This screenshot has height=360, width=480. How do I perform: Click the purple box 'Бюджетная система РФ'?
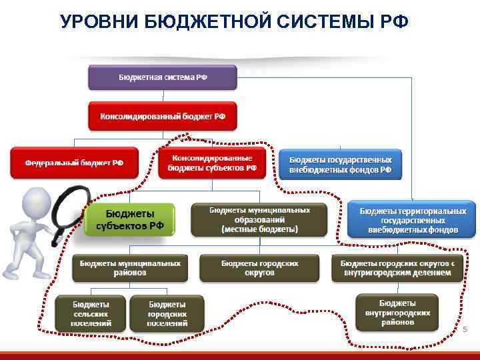[x=163, y=77]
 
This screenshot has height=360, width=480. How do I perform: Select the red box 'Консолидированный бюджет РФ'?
[x=163, y=116]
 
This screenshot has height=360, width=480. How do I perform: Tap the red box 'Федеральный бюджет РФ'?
[x=74, y=162]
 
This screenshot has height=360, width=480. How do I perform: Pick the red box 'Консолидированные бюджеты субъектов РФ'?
[x=212, y=163]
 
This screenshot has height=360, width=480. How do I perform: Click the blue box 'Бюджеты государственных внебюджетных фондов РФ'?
[x=340, y=165]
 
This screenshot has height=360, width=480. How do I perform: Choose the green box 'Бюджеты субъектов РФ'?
[x=129, y=219]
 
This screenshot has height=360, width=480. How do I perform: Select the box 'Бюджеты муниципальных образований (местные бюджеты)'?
[x=259, y=219]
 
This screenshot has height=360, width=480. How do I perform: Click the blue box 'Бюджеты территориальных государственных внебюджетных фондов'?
[x=412, y=220]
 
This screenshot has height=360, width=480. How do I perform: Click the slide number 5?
[x=465, y=329]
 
